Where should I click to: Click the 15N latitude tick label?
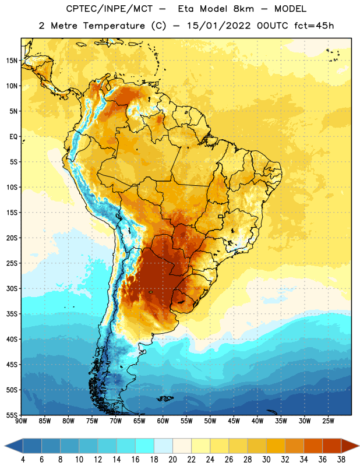coord(12,61)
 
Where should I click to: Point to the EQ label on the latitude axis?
coord(13,137)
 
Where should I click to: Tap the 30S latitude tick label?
coord(12,288)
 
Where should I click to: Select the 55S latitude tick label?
coord(12,415)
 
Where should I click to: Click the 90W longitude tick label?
coord(21,421)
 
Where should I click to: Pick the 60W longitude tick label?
coord(163,421)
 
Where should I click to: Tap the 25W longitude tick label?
coord(328,421)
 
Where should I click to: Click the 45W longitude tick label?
coord(234,421)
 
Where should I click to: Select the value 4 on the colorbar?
coord(23,460)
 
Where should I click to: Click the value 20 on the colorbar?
coord(172,460)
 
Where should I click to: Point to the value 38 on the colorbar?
coord(341,460)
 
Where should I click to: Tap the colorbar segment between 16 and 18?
coord(144,446)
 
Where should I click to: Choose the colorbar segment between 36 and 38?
coord(332,446)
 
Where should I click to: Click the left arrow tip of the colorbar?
coord(5,446)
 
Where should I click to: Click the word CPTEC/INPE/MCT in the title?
coord(110,9)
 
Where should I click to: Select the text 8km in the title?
coord(243,9)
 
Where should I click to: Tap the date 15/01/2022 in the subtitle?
coord(219,26)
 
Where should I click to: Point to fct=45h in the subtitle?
coord(314,26)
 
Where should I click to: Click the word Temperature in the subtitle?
coord(114,26)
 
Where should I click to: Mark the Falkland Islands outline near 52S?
coord(165,398)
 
